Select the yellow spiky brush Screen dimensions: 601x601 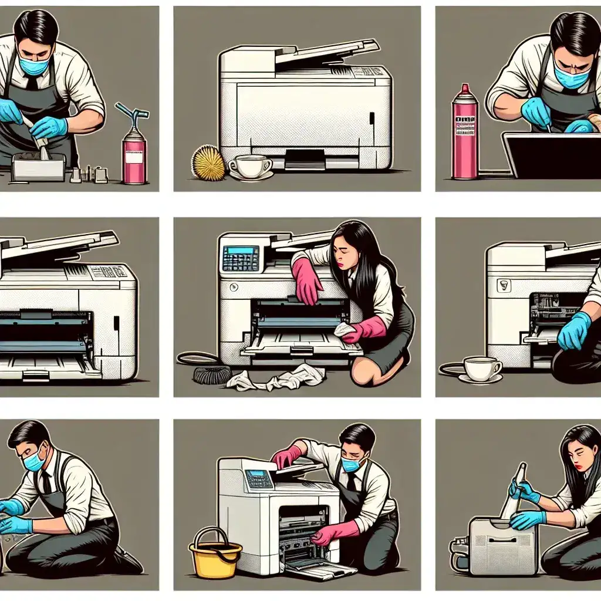(208, 163)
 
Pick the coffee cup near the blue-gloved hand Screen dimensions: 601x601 (480, 369)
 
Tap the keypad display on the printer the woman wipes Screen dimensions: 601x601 (241, 258)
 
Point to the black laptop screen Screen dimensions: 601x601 (552, 155)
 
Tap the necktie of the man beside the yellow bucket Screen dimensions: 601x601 (350, 482)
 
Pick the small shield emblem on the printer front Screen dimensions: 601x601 (503, 285)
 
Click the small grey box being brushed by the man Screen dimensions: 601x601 (38, 168)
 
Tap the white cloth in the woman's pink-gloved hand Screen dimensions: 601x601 (345, 330)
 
